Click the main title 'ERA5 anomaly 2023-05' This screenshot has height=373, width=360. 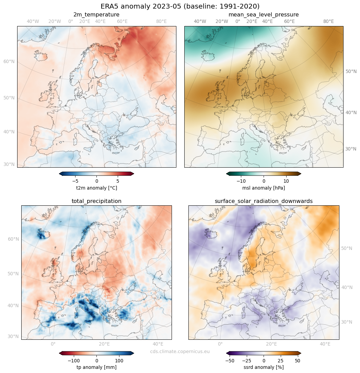click(180, 6)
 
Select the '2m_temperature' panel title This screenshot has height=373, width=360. click(96, 15)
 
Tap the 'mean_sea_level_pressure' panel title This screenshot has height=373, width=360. click(264, 15)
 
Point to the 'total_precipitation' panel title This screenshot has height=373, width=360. click(96, 201)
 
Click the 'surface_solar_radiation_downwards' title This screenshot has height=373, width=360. click(264, 201)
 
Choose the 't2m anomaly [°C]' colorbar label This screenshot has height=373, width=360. click(96, 188)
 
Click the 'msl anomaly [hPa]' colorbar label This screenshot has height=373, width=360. click(264, 188)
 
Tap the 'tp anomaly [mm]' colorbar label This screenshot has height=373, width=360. click(96, 367)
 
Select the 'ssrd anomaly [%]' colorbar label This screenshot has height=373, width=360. click(264, 367)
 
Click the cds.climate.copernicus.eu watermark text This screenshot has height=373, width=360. click(180, 351)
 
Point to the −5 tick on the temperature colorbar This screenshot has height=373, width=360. click(75, 181)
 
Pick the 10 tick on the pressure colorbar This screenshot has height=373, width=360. click(286, 181)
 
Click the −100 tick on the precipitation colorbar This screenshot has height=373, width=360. click(73, 361)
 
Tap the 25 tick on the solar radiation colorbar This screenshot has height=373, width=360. click(280, 361)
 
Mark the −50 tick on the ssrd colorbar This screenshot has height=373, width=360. click(230, 361)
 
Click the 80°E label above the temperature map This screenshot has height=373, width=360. click(161, 22)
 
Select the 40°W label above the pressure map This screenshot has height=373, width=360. click(200, 22)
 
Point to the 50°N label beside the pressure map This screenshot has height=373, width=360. click(351, 72)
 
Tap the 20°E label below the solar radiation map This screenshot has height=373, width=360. click(271, 344)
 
